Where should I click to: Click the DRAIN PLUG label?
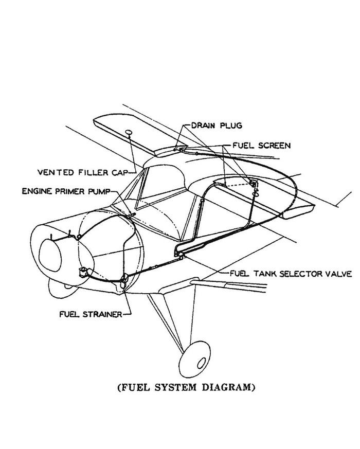217,125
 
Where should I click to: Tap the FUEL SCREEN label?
261,146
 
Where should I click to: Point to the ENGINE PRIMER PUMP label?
66,191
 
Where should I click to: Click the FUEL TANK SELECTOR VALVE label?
291,274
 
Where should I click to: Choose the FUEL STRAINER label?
91,314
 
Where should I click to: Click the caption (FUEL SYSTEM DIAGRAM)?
186,387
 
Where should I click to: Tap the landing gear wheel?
194,360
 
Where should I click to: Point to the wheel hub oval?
202,363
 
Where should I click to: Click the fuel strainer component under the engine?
123,281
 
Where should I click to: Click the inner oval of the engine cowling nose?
50,255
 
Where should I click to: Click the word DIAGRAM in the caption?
228,387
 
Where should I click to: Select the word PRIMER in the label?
69,191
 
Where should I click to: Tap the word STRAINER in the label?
102,314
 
